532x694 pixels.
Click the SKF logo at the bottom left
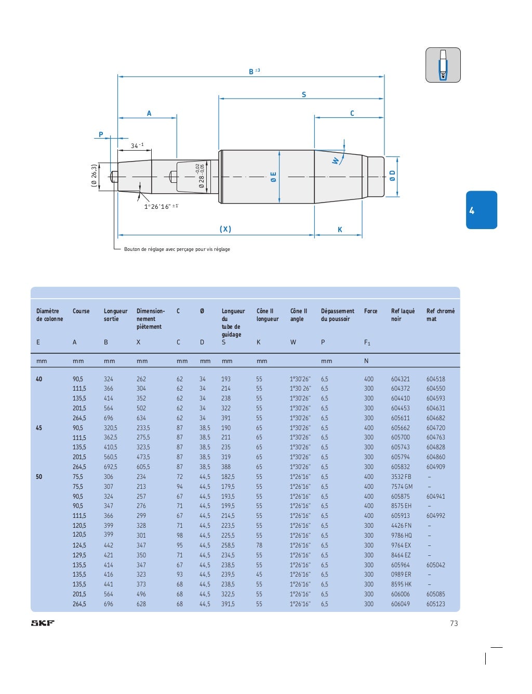(43, 623)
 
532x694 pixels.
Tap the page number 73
(454, 623)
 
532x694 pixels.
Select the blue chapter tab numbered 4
(481, 210)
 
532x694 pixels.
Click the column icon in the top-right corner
(443, 65)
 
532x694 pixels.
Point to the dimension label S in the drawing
(304, 95)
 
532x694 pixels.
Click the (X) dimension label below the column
(225, 229)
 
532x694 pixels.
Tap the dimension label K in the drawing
(340, 230)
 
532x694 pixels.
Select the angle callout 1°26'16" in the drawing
(161, 207)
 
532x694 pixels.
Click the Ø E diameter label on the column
(273, 177)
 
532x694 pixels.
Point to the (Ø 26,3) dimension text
(94, 176)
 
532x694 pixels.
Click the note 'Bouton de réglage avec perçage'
(177, 249)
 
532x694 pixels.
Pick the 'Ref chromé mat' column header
(440, 315)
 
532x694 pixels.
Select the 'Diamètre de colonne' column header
(49, 315)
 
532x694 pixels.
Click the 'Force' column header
(370, 311)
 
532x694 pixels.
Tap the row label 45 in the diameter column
(39, 428)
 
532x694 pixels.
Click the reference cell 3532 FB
(401, 477)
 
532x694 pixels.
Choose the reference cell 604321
(400, 379)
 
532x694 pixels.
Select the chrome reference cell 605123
(435, 604)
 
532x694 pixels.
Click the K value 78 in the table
(259, 545)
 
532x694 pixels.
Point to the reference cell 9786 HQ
(401, 536)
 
